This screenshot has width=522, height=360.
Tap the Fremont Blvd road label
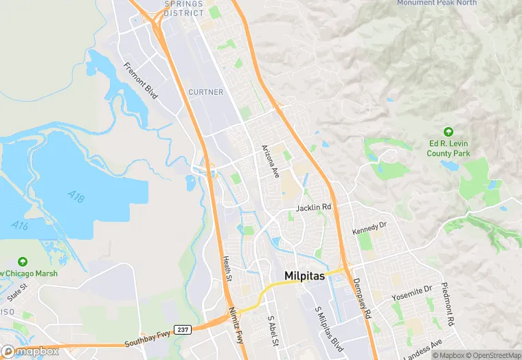[x=141, y=80]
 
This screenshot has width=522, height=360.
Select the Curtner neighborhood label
[x=205, y=92]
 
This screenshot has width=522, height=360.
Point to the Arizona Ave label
[x=270, y=159]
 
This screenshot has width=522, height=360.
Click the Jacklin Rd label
[x=314, y=207]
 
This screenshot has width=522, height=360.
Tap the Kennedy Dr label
[x=370, y=225]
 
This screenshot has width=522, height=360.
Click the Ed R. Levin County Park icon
[x=449, y=131]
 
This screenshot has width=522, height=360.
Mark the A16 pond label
[x=19, y=225]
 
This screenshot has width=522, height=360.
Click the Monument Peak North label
[x=436, y=3]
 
